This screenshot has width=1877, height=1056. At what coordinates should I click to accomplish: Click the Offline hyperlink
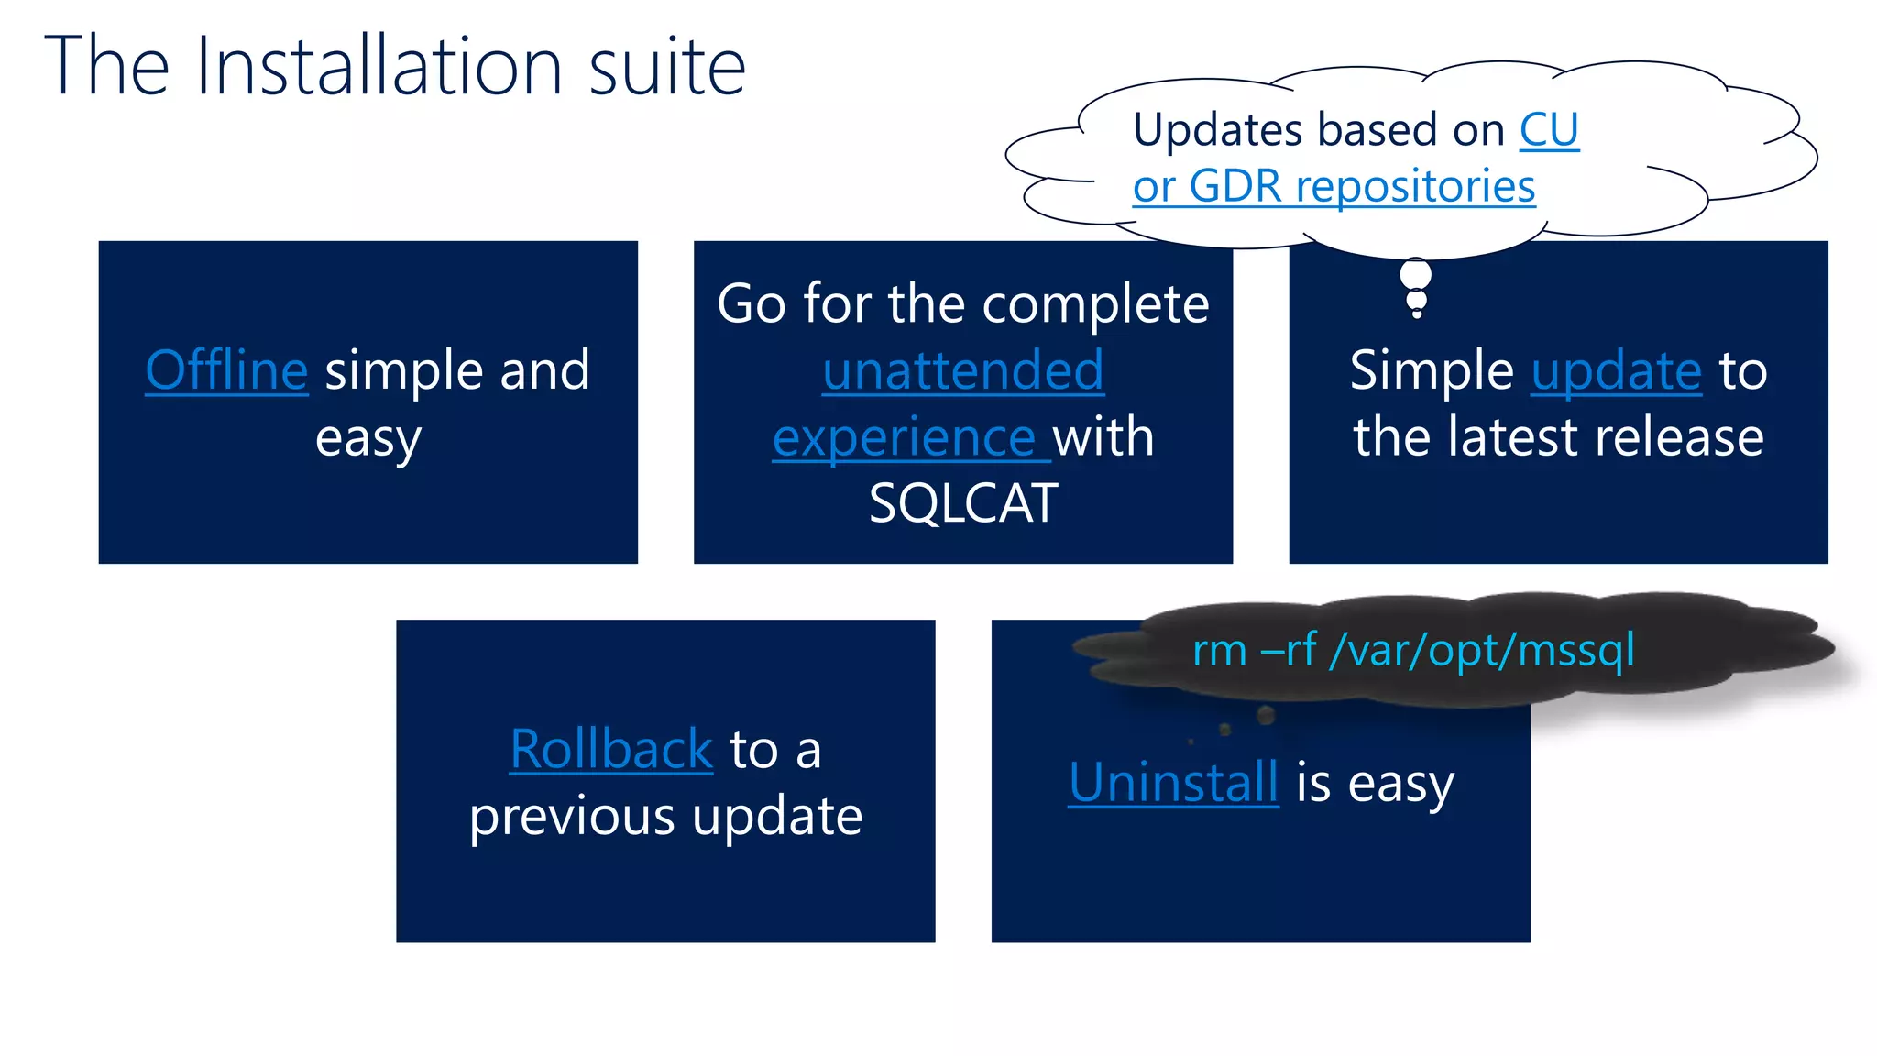click(226, 370)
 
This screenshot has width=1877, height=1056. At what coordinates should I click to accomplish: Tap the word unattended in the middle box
click(962, 370)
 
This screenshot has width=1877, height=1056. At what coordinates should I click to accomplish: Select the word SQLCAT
click(962, 503)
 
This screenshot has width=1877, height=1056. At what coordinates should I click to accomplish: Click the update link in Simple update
click(1617, 370)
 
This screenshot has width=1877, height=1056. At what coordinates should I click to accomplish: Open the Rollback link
click(611, 749)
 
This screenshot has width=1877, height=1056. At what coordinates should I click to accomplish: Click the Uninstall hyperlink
click(1173, 783)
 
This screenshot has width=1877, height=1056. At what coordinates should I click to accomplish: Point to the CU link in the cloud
click(1549, 130)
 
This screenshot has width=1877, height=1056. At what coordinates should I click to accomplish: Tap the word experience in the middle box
click(905, 437)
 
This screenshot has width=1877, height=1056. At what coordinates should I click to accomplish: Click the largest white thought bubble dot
click(1416, 274)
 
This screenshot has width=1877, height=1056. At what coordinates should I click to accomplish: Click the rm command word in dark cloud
click(1219, 651)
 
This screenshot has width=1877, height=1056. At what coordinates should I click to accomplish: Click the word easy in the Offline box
click(368, 439)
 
